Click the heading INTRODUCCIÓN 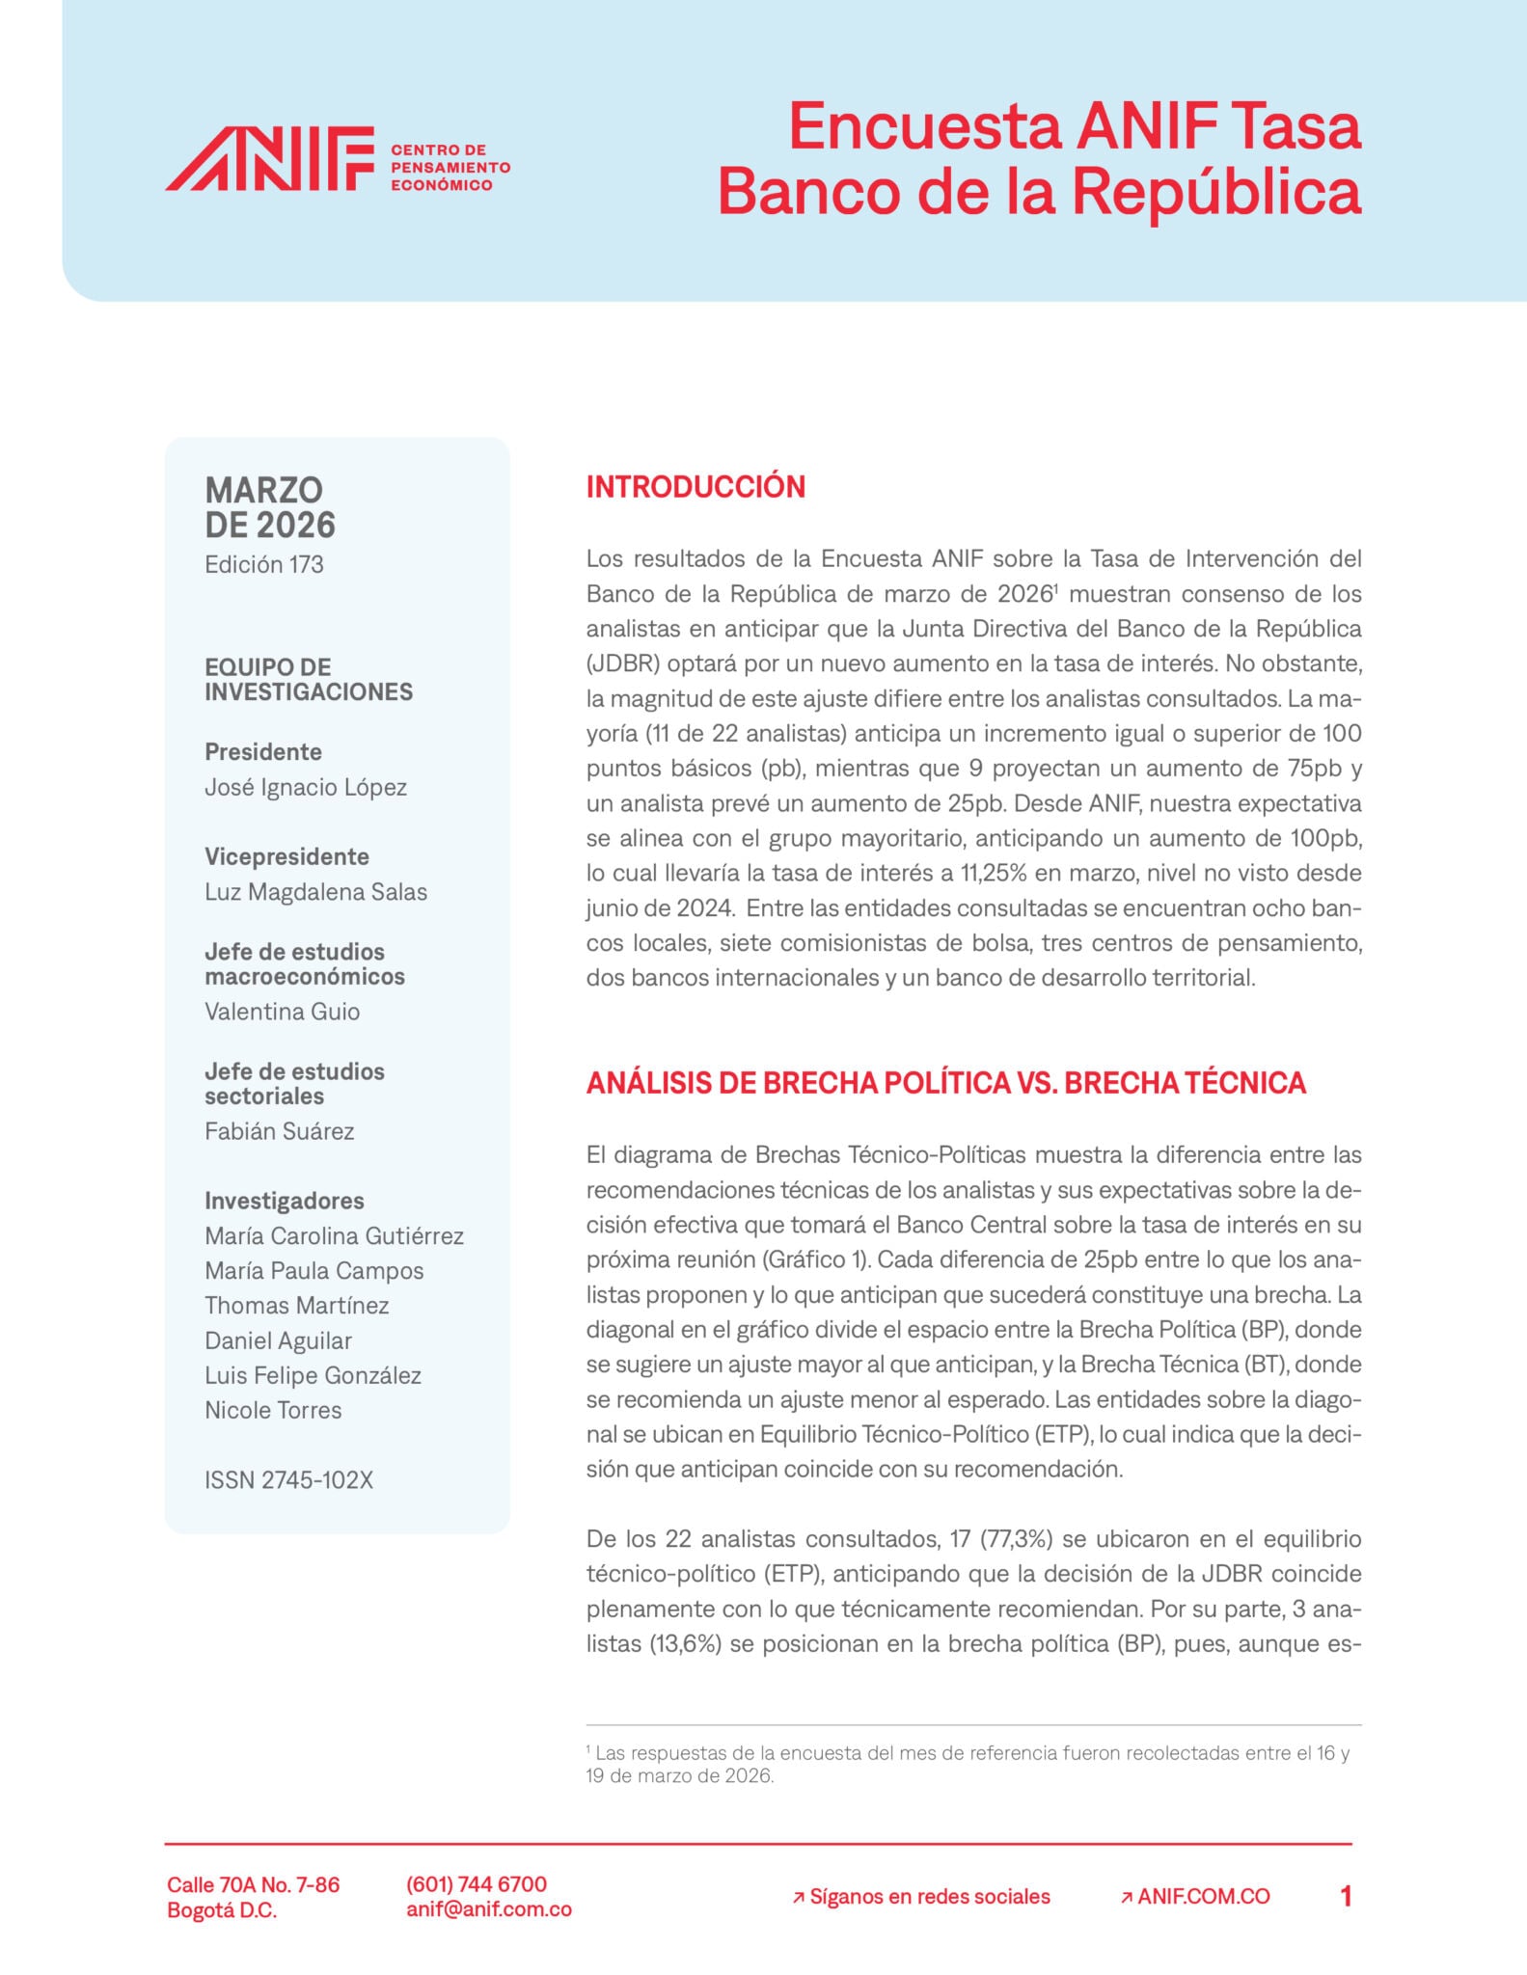pos(695,487)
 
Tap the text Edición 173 pos(263,564)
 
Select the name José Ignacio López pos(305,787)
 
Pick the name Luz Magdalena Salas pos(315,892)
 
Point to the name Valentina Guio pos(282,1012)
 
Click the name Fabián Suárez pos(279,1131)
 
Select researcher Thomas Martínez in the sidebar pos(296,1306)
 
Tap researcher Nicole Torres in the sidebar pos(273,1410)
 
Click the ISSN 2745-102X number pos(288,1480)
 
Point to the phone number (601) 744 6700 pos(477,1884)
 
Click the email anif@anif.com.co pos(489,1909)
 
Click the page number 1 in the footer pos(1346,1897)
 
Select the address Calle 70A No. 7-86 pos(253,1884)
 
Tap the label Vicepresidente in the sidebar pos(286,856)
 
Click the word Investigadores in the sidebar pos(284,1201)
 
